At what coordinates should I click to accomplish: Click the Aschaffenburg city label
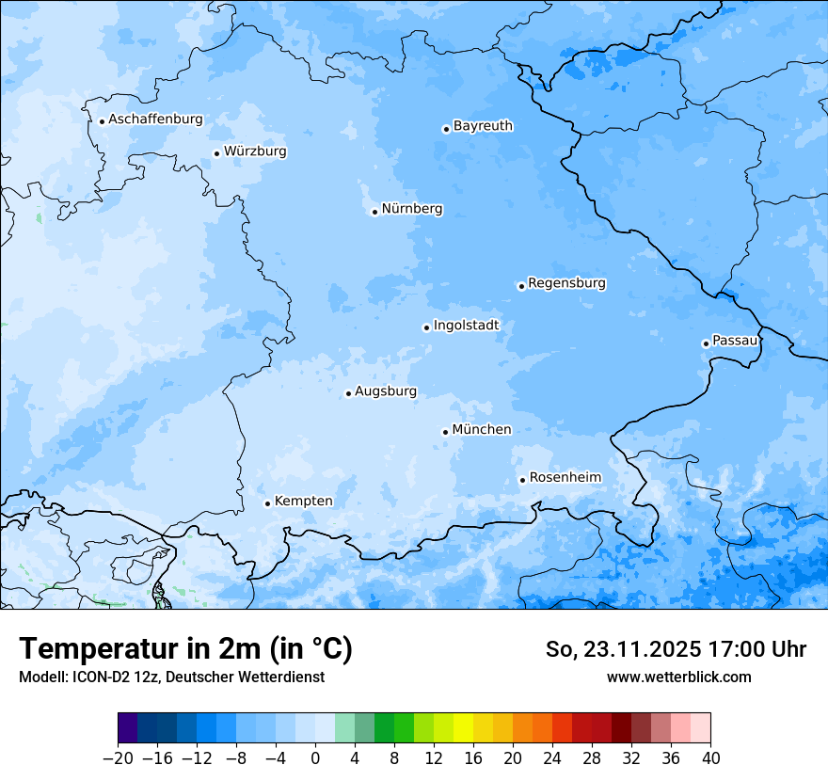click(155, 120)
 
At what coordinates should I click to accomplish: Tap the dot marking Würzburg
click(216, 153)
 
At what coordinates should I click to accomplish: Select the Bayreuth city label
click(483, 126)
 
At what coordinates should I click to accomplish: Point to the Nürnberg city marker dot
click(374, 212)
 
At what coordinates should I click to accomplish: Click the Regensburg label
click(566, 283)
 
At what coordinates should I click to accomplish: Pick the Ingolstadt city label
click(466, 326)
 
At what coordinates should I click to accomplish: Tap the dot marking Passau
click(706, 343)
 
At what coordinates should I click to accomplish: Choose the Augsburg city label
click(385, 391)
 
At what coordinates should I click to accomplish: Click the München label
click(482, 430)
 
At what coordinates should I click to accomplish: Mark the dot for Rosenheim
click(522, 480)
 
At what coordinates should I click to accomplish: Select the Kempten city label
click(303, 502)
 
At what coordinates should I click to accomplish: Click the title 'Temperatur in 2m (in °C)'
click(185, 649)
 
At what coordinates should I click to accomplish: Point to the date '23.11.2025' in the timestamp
click(628, 649)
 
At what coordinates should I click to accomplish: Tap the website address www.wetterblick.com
click(678, 677)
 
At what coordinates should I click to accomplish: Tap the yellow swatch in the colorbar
click(463, 728)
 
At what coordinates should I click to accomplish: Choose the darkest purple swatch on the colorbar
click(128, 728)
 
